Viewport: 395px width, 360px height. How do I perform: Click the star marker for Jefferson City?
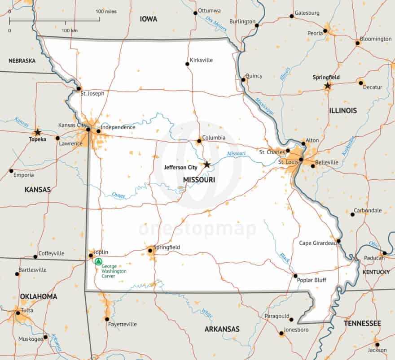(206, 165)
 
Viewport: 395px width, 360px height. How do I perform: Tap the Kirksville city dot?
(188, 64)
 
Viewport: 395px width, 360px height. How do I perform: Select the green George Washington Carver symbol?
(98, 262)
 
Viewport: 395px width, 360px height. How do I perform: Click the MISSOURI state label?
(199, 180)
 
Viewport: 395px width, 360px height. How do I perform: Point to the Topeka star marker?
(38, 132)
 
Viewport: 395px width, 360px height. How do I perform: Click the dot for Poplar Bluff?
(295, 276)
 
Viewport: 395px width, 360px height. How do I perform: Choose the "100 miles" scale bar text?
(106, 11)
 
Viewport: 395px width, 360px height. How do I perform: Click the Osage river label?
(118, 195)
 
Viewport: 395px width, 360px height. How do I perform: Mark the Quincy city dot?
(243, 80)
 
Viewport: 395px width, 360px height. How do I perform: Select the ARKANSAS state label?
(222, 329)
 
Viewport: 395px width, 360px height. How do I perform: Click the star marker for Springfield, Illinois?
(328, 86)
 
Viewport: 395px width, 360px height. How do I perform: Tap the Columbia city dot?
(199, 141)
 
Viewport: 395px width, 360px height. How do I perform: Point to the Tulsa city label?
(27, 310)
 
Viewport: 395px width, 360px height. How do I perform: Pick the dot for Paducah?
(384, 253)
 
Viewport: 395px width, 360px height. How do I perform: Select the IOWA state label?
(148, 19)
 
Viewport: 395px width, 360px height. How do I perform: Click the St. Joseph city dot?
(79, 88)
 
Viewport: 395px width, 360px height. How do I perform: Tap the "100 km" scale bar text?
(70, 30)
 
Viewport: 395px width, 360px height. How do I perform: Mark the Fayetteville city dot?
(107, 319)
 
